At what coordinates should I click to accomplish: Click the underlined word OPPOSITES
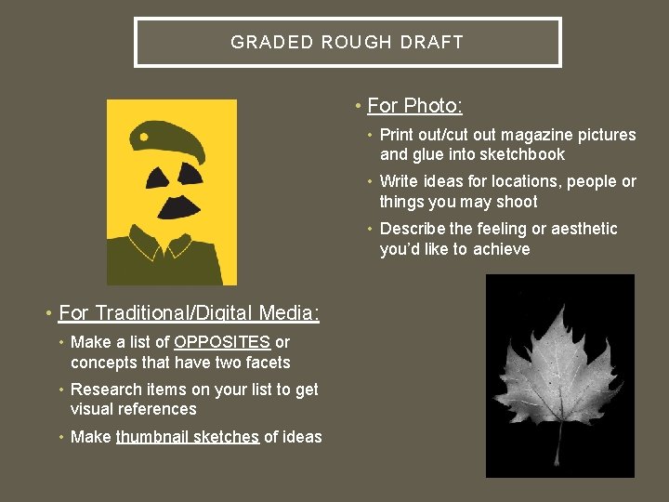point(222,342)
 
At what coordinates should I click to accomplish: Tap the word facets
point(267,363)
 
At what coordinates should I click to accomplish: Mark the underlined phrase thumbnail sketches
point(188,437)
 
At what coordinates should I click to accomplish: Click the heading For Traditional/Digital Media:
point(189,313)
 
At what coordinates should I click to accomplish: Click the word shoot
point(517,202)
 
